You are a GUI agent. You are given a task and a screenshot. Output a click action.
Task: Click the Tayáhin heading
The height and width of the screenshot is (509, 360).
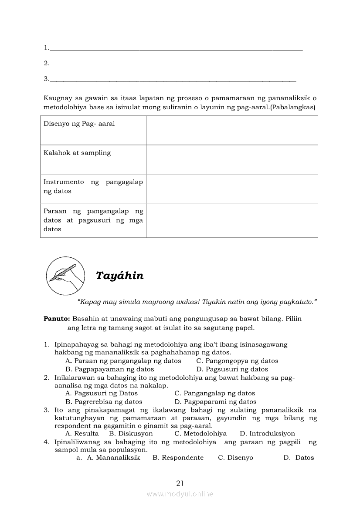[119, 276]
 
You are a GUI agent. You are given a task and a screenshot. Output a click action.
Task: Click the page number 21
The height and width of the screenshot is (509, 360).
[180, 483]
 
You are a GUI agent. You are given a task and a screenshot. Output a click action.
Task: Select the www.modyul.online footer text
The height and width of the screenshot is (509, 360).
[180, 494]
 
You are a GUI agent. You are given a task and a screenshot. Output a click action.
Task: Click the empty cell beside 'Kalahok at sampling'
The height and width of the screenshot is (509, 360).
[232, 159]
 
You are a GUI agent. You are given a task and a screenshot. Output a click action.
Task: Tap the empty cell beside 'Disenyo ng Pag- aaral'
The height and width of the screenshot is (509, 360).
[232, 130]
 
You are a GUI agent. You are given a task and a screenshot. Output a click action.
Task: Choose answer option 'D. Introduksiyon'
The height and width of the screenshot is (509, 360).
[267, 434]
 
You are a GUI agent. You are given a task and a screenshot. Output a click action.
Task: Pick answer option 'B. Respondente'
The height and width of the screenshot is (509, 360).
[178, 458]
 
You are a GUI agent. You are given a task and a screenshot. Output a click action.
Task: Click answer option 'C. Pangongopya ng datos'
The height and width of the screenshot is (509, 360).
[237, 361]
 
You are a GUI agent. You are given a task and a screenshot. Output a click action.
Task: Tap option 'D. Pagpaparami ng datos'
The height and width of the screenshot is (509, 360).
[215, 402]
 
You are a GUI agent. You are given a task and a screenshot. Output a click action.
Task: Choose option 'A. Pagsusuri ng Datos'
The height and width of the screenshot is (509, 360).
[102, 394]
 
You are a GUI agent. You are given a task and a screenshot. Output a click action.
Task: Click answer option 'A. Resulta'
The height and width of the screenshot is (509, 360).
[82, 434]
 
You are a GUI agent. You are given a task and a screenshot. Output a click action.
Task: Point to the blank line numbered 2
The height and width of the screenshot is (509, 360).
[173, 64]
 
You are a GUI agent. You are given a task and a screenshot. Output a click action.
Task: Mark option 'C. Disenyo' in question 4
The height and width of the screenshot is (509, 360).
[235, 458]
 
